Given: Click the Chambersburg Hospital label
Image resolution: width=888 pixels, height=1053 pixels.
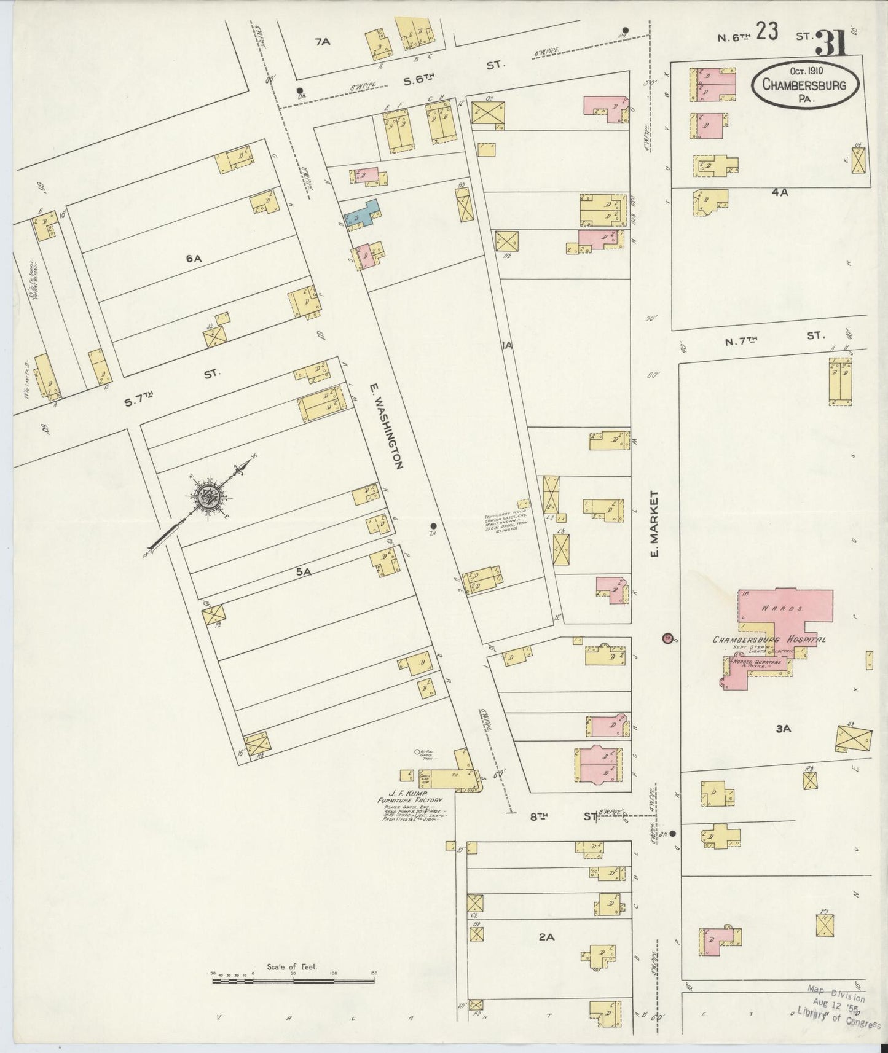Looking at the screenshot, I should pos(769,640).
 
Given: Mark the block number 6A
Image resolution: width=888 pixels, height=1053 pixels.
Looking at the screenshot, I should pos(194,259).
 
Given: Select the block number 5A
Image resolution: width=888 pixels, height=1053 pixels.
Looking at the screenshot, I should pos(304,571).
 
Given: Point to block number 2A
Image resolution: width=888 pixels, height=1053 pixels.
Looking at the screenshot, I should pos(546,936).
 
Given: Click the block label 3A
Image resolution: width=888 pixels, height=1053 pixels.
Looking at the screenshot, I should pos(782,729).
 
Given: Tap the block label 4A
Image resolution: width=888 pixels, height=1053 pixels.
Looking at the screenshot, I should pos(780,192).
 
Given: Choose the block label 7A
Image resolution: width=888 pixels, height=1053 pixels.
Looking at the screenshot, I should pos(322,42).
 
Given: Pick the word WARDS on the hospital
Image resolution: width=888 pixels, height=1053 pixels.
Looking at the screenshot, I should pos(775,609).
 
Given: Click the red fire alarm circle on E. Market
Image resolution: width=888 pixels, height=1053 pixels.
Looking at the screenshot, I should pos(667,638).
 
